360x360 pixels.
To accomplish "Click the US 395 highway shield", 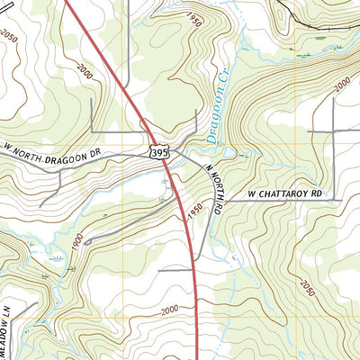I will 158,155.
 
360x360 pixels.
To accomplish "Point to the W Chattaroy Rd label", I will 283,193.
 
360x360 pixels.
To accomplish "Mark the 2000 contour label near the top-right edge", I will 341,86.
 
